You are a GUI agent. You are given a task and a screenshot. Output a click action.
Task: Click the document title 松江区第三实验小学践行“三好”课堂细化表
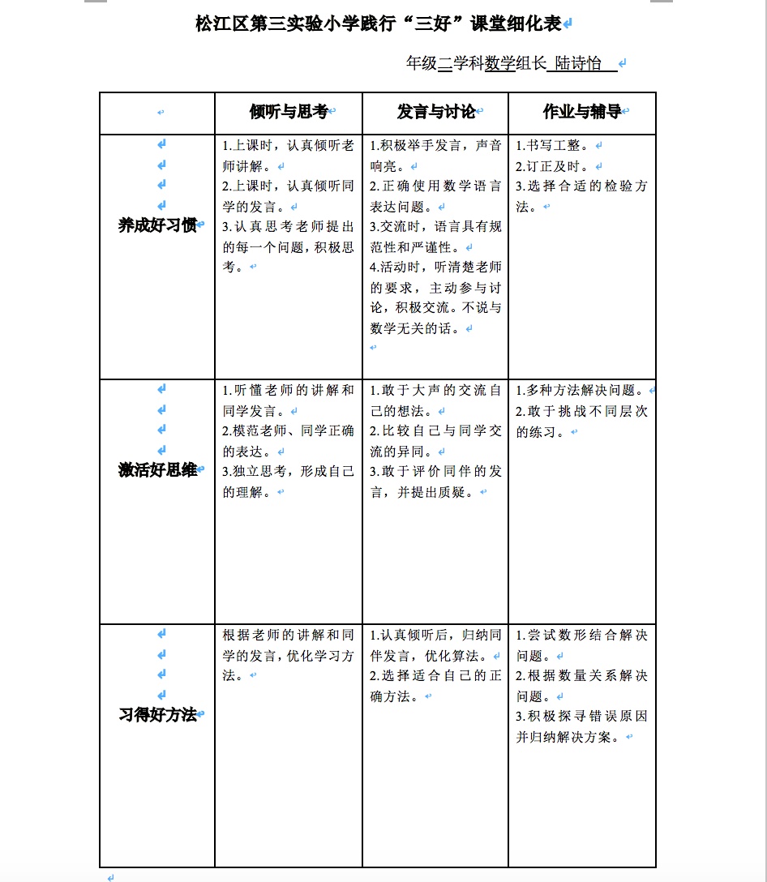(x=379, y=24)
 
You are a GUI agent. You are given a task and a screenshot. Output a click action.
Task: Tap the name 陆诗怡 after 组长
(x=579, y=64)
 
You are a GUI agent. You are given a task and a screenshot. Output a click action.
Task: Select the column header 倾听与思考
(x=288, y=113)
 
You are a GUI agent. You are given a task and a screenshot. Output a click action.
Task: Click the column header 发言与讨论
(x=435, y=113)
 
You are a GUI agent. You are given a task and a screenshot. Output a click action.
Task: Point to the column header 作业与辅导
(x=581, y=113)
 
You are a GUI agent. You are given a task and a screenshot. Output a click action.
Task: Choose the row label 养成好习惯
(x=157, y=225)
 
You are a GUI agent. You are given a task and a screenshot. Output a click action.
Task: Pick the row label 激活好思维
(x=157, y=470)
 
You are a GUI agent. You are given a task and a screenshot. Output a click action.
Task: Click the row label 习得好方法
(x=157, y=715)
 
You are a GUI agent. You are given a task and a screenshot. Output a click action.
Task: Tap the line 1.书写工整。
(x=554, y=146)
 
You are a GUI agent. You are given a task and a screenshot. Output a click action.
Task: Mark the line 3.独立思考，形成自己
(x=288, y=472)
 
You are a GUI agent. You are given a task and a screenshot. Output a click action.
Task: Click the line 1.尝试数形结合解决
(x=581, y=636)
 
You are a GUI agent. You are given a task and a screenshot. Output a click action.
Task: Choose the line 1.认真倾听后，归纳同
(x=435, y=636)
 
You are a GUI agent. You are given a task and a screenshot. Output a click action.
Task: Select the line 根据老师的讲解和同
(x=288, y=636)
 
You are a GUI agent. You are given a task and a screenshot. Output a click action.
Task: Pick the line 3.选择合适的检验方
(x=581, y=186)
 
